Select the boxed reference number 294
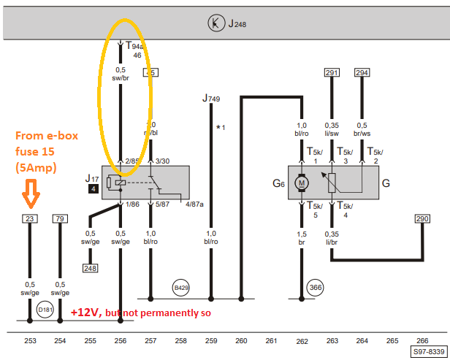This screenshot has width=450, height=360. tap(362, 72)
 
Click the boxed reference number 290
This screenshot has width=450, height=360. tap(422, 218)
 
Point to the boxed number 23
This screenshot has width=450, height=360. tap(29, 218)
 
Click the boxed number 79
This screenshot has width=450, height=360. tap(61, 218)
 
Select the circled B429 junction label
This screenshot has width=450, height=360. tap(181, 287)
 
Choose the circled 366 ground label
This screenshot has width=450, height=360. tap(316, 287)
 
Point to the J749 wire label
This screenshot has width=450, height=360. tap(211, 99)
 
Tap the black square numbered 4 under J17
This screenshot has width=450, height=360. tap(93, 189)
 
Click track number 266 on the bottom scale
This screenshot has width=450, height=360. tap(422, 340)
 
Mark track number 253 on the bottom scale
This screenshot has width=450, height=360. tap(30, 340)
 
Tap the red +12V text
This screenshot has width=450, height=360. tap(85, 313)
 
